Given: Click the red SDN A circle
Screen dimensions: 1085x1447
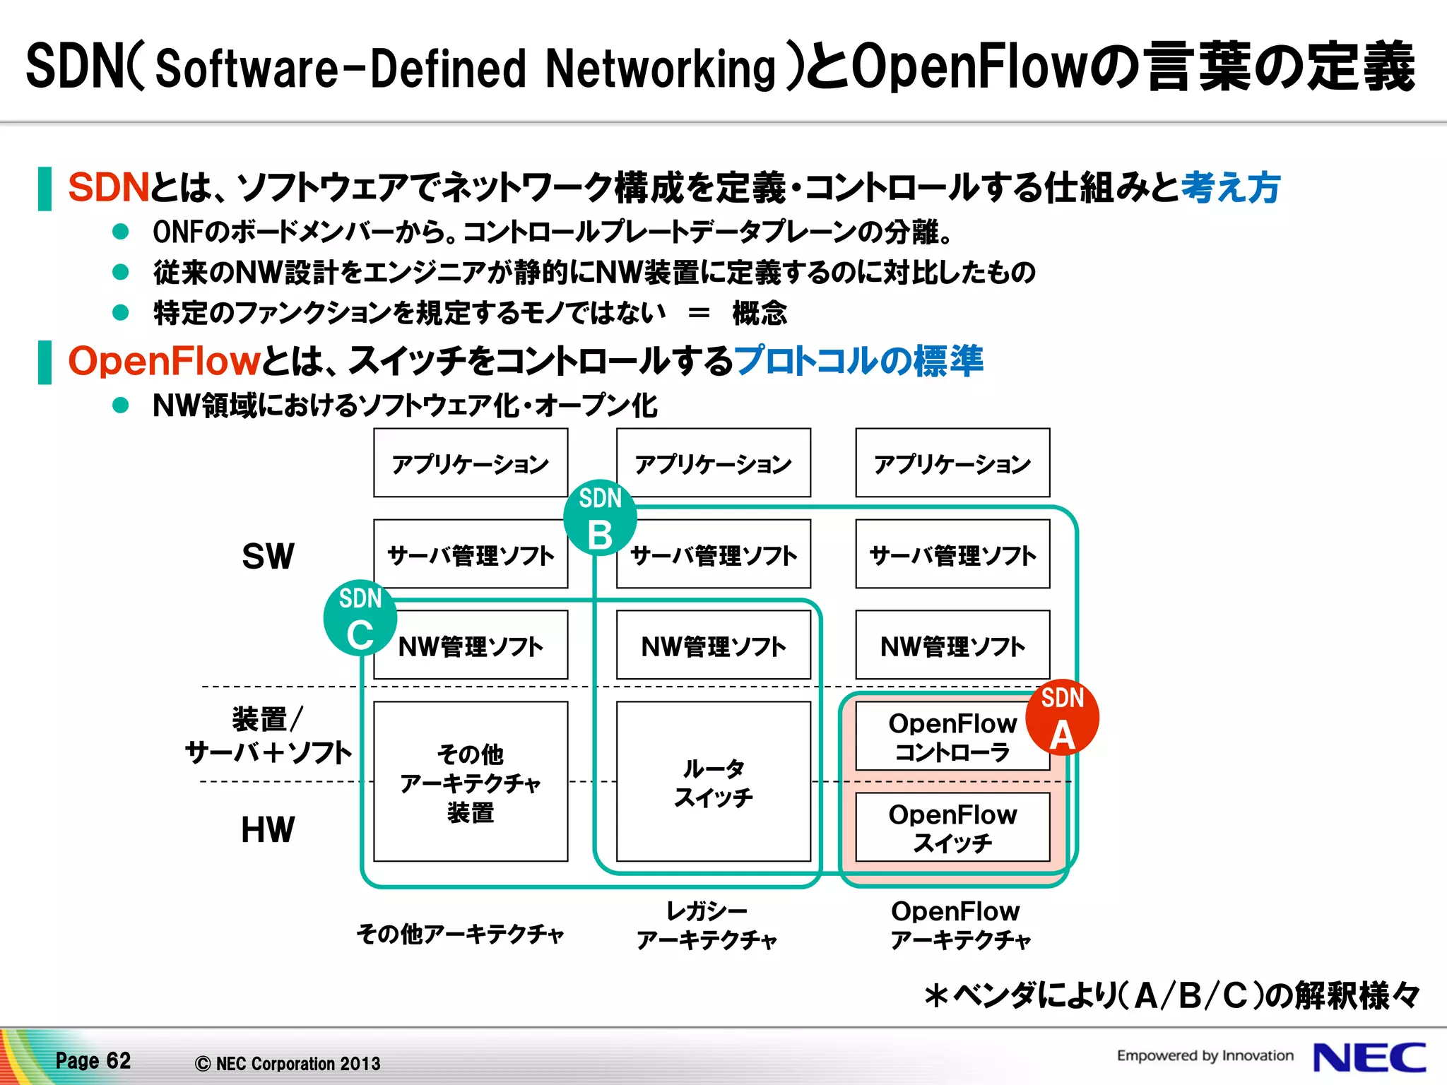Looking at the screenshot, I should pyautogui.click(x=1062, y=718).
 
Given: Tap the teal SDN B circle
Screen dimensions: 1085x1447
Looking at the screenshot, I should pyautogui.click(x=600, y=518).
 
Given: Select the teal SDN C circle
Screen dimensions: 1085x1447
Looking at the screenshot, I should pyautogui.click(x=360, y=619).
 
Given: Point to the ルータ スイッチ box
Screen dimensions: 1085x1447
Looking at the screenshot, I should pyautogui.click(x=713, y=782).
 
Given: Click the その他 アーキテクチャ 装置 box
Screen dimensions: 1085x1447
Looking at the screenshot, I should pyautogui.click(x=471, y=782).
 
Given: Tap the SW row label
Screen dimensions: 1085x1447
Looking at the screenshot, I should pyautogui.click(x=268, y=557).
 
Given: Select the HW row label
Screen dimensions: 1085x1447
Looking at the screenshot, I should pyautogui.click(x=268, y=830).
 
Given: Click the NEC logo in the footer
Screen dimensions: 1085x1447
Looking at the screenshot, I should pyautogui.click(x=1369, y=1058).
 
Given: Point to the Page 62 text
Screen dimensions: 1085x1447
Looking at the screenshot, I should pyautogui.click(x=93, y=1060).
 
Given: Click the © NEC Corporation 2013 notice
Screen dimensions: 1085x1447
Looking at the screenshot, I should pyautogui.click(x=288, y=1063).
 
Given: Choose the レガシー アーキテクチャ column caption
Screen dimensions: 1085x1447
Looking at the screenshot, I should pyautogui.click(x=707, y=925).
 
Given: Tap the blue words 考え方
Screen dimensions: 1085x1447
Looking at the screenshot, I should pyautogui.click(x=1230, y=188).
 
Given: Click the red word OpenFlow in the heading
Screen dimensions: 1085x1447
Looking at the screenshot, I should pyautogui.click(x=164, y=361).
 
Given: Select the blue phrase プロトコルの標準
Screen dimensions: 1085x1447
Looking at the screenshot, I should pyautogui.click(x=858, y=361).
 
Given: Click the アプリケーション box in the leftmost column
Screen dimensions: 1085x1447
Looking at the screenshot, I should pyautogui.click(x=471, y=463).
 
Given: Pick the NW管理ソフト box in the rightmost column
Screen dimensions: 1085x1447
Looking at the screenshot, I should pyautogui.click(x=952, y=646).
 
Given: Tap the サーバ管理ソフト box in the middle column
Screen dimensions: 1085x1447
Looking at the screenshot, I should pyautogui.click(x=713, y=555).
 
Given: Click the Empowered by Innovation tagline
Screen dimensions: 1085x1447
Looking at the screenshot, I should pyautogui.click(x=1205, y=1055).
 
